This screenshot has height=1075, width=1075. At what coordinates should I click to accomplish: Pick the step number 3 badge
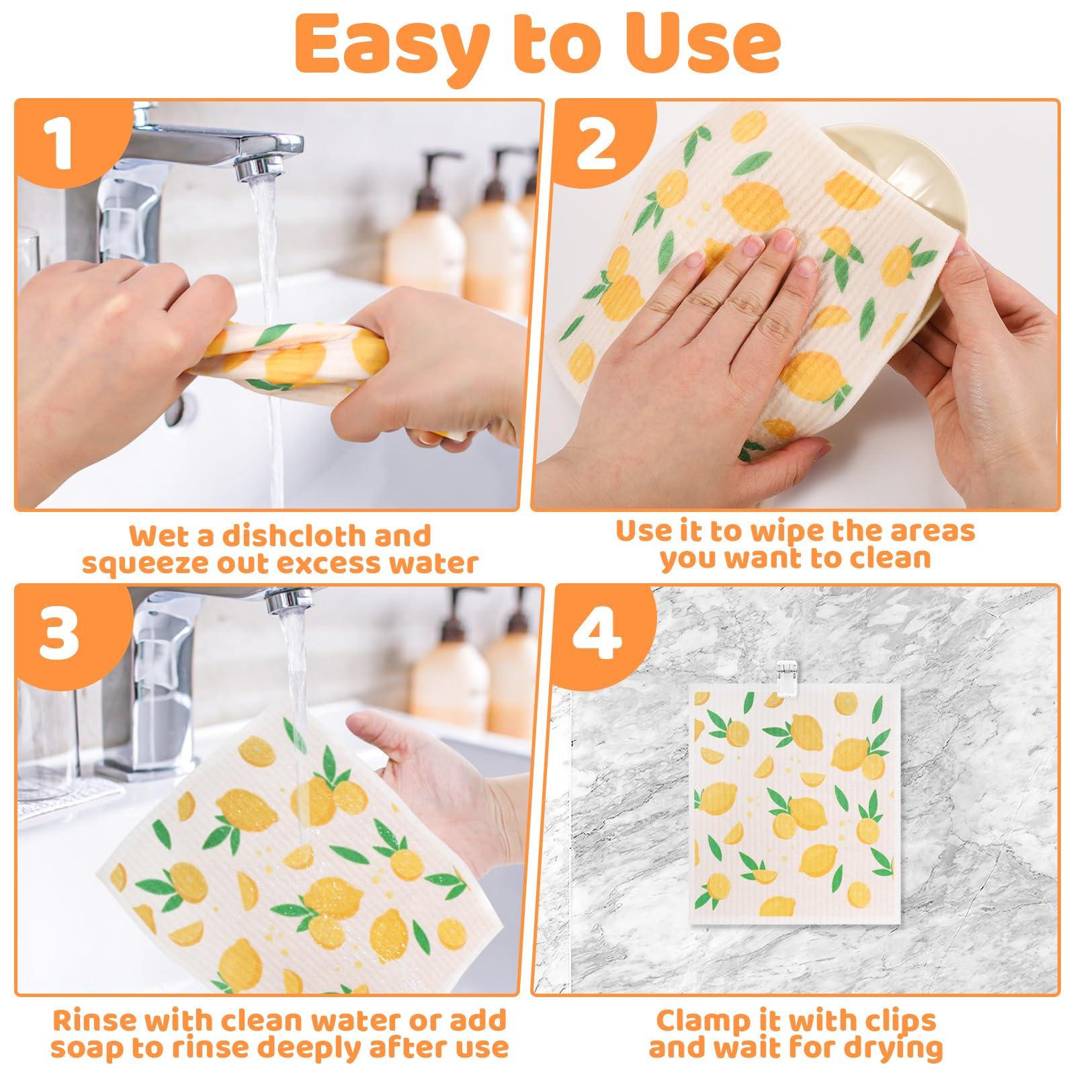60,634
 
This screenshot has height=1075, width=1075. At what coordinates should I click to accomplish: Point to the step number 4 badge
595,634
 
